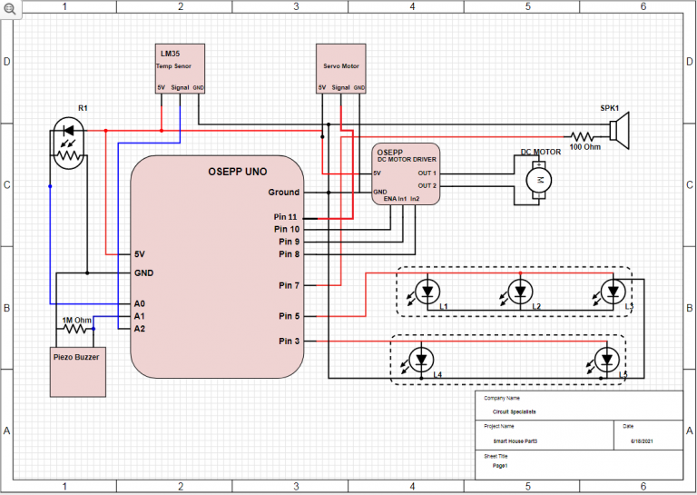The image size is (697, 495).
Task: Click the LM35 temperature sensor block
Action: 180,68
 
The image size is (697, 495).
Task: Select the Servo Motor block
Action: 341,68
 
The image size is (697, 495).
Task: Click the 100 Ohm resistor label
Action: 584,146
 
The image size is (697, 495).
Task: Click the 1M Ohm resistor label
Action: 75,320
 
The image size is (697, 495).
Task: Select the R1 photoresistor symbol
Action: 68,145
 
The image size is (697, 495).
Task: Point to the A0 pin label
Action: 140,303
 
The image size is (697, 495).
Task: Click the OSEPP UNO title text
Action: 217,171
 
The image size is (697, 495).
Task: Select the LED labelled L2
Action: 520,292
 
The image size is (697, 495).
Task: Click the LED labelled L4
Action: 420,359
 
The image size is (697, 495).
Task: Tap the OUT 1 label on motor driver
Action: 427,173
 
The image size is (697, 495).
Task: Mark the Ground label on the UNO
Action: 283,193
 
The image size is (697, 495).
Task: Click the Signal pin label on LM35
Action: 180,88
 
